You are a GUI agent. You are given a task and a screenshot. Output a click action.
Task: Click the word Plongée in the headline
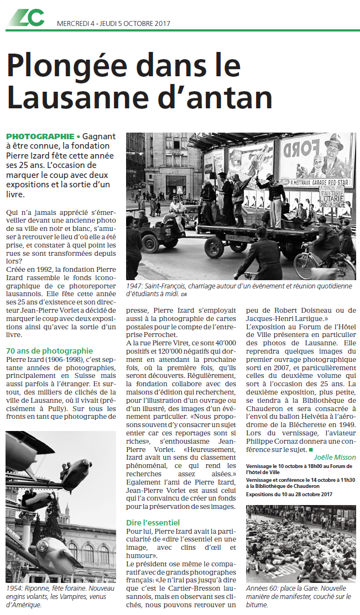[x=70, y=68]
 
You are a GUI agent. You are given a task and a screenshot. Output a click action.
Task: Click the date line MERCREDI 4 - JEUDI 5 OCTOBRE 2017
[x=114, y=24]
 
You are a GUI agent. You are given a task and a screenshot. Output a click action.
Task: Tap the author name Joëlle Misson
[x=335, y=457]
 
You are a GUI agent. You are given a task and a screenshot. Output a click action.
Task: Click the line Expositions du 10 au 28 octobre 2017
[x=290, y=494]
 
